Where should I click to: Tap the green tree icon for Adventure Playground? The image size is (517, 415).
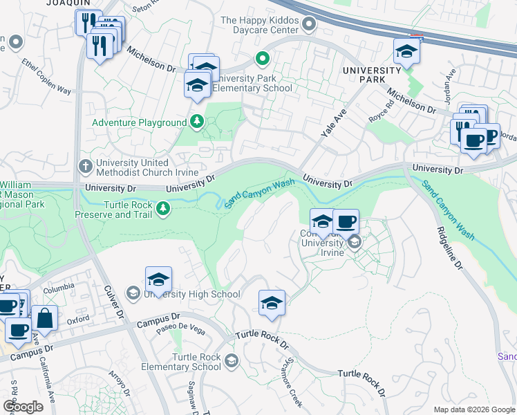(197, 122)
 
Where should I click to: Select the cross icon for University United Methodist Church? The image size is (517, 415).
(85, 167)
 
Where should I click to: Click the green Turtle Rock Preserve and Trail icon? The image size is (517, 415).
(163, 208)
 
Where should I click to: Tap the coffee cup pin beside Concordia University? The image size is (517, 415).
(346, 223)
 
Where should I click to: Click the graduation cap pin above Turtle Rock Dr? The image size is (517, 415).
(272, 303)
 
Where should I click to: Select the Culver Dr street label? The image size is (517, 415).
(113, 305)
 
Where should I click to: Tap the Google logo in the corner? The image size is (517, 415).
(23, 406)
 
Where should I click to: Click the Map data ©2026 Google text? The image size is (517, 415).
(473, 409)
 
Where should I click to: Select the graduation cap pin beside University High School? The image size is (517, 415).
(158, 280)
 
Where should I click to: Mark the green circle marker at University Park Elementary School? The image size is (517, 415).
(262, 58)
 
